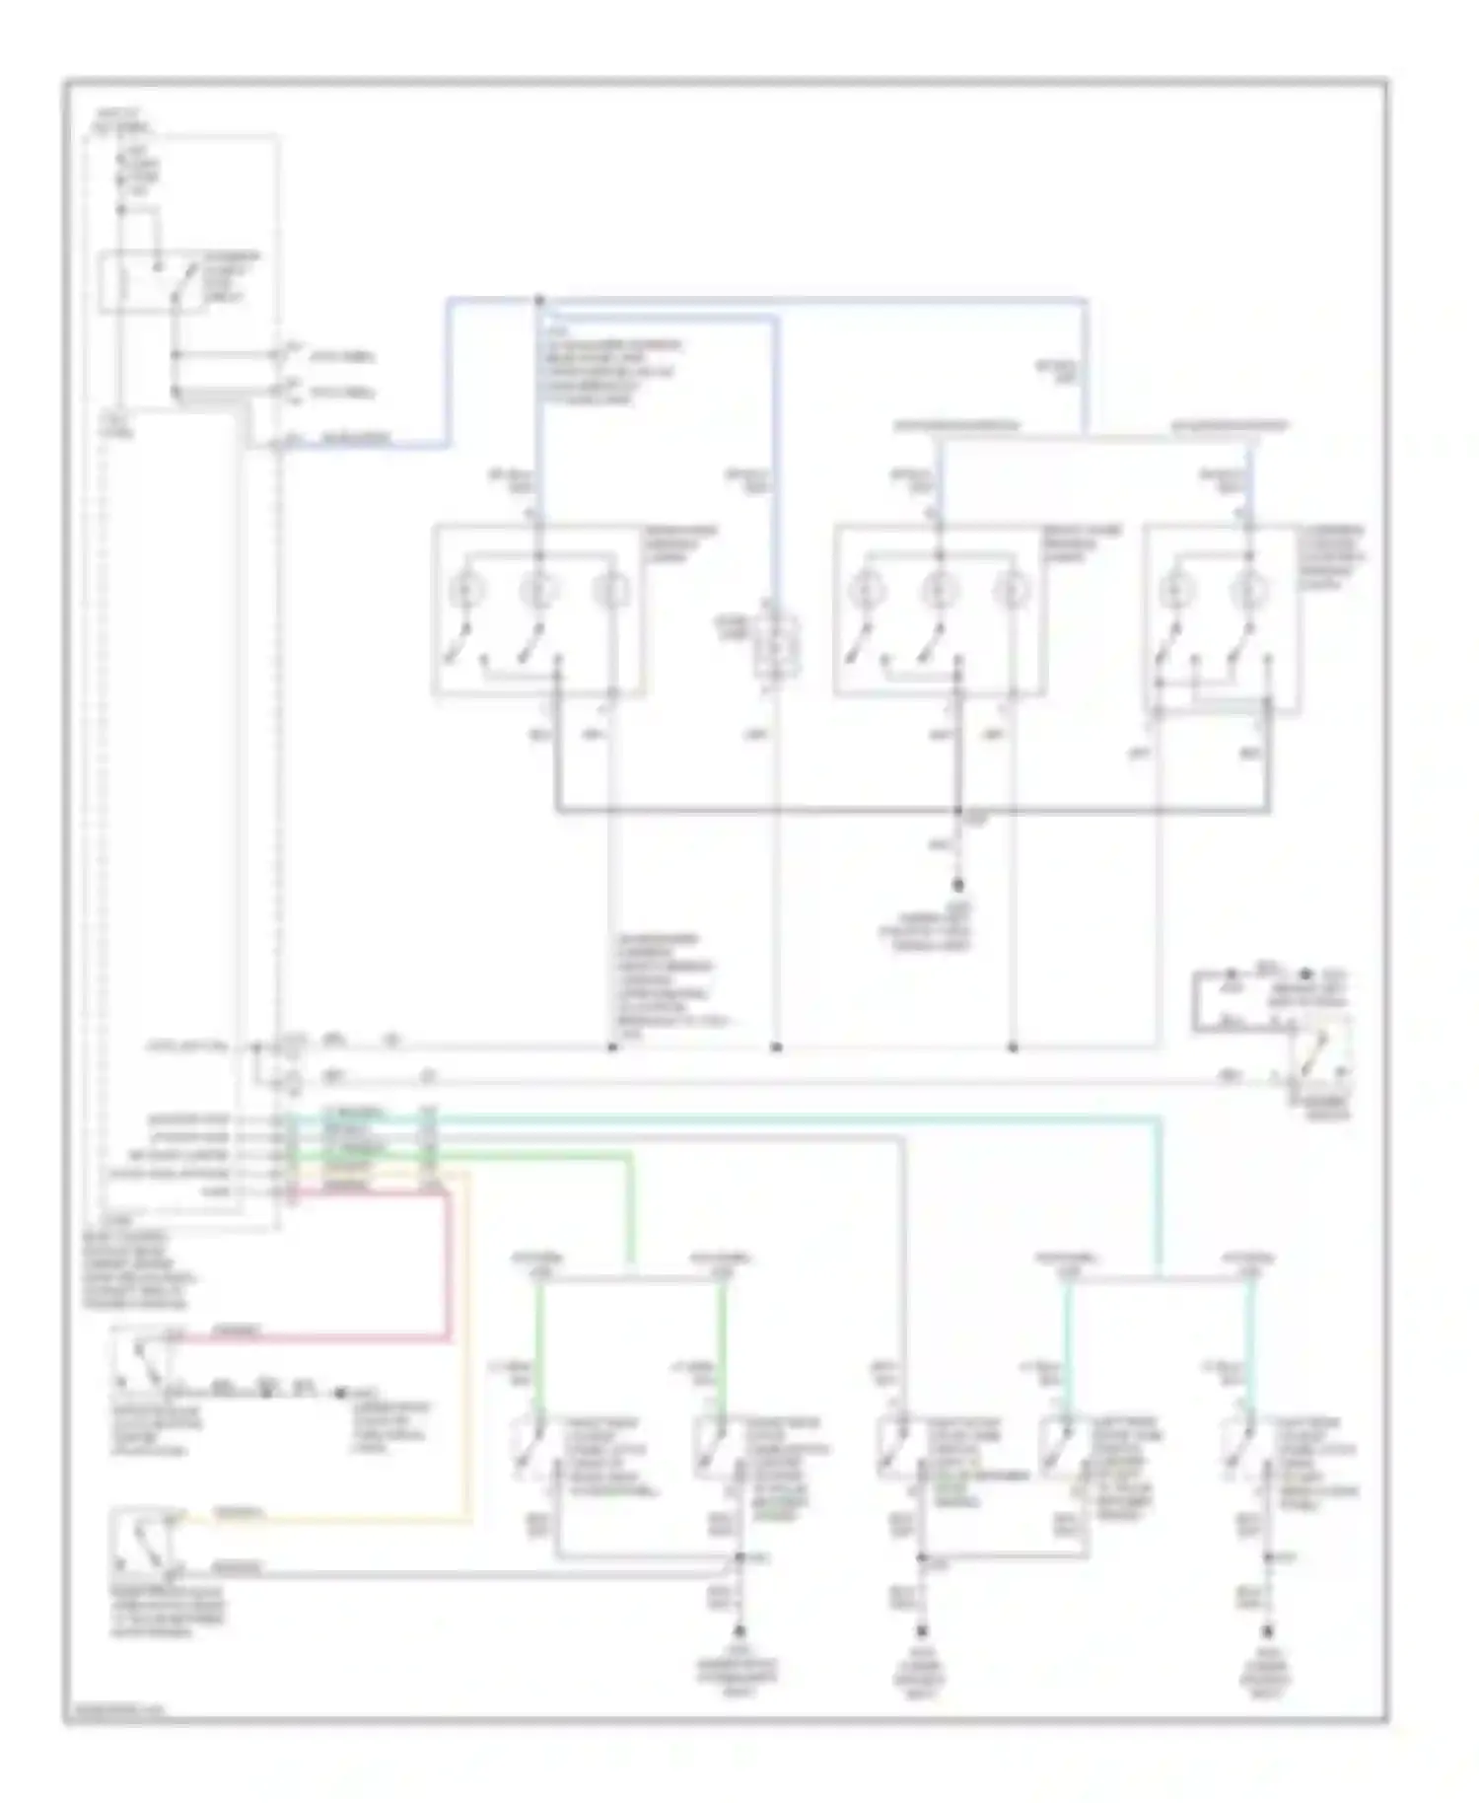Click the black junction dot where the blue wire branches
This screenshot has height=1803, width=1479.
[539, 300]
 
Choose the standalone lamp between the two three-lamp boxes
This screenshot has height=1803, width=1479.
[777, 648]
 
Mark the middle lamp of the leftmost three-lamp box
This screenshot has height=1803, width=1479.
[538, 591]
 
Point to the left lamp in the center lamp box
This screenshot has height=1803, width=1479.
[869, 591]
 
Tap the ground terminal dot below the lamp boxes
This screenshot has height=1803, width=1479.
[957, 885]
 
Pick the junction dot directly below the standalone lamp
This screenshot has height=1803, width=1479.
[776, 1046]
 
